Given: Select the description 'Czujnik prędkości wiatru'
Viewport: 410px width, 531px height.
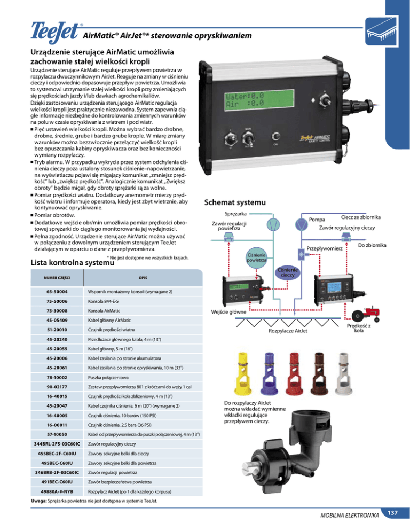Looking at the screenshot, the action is pos(111,331).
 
